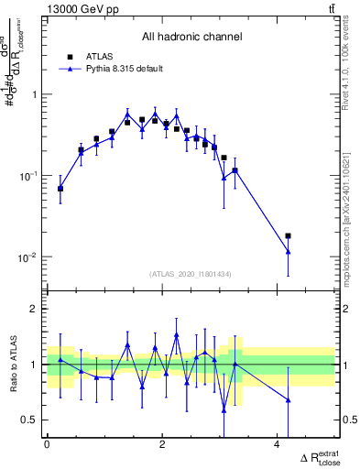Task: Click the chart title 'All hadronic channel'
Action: click(191, 37)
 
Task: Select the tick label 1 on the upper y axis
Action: click(35, 94)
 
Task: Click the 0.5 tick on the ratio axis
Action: click(30, 420)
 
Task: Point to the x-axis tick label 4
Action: click(278, 444)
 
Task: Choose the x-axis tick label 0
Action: click(47, 444)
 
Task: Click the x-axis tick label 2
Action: click(162, 444)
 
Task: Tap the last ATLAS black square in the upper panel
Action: click(289, 236)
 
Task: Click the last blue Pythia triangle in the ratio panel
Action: click(289, 399)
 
